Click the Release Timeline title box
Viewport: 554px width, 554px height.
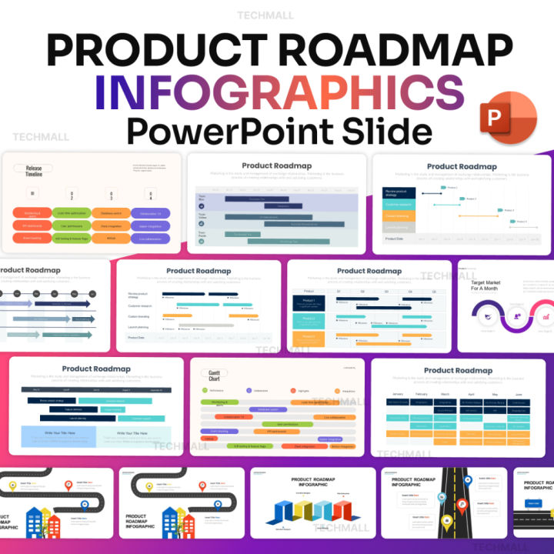pyautogui.click(x=34, y=171)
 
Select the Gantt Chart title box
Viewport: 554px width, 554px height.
pyautogui.click(x=215, y=375)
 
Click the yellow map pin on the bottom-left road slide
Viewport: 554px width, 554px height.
pyautogui.click(x=12, y=486)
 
